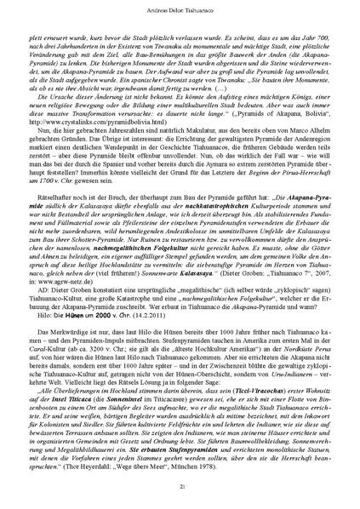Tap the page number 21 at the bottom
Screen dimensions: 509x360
[x=180, y=485]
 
